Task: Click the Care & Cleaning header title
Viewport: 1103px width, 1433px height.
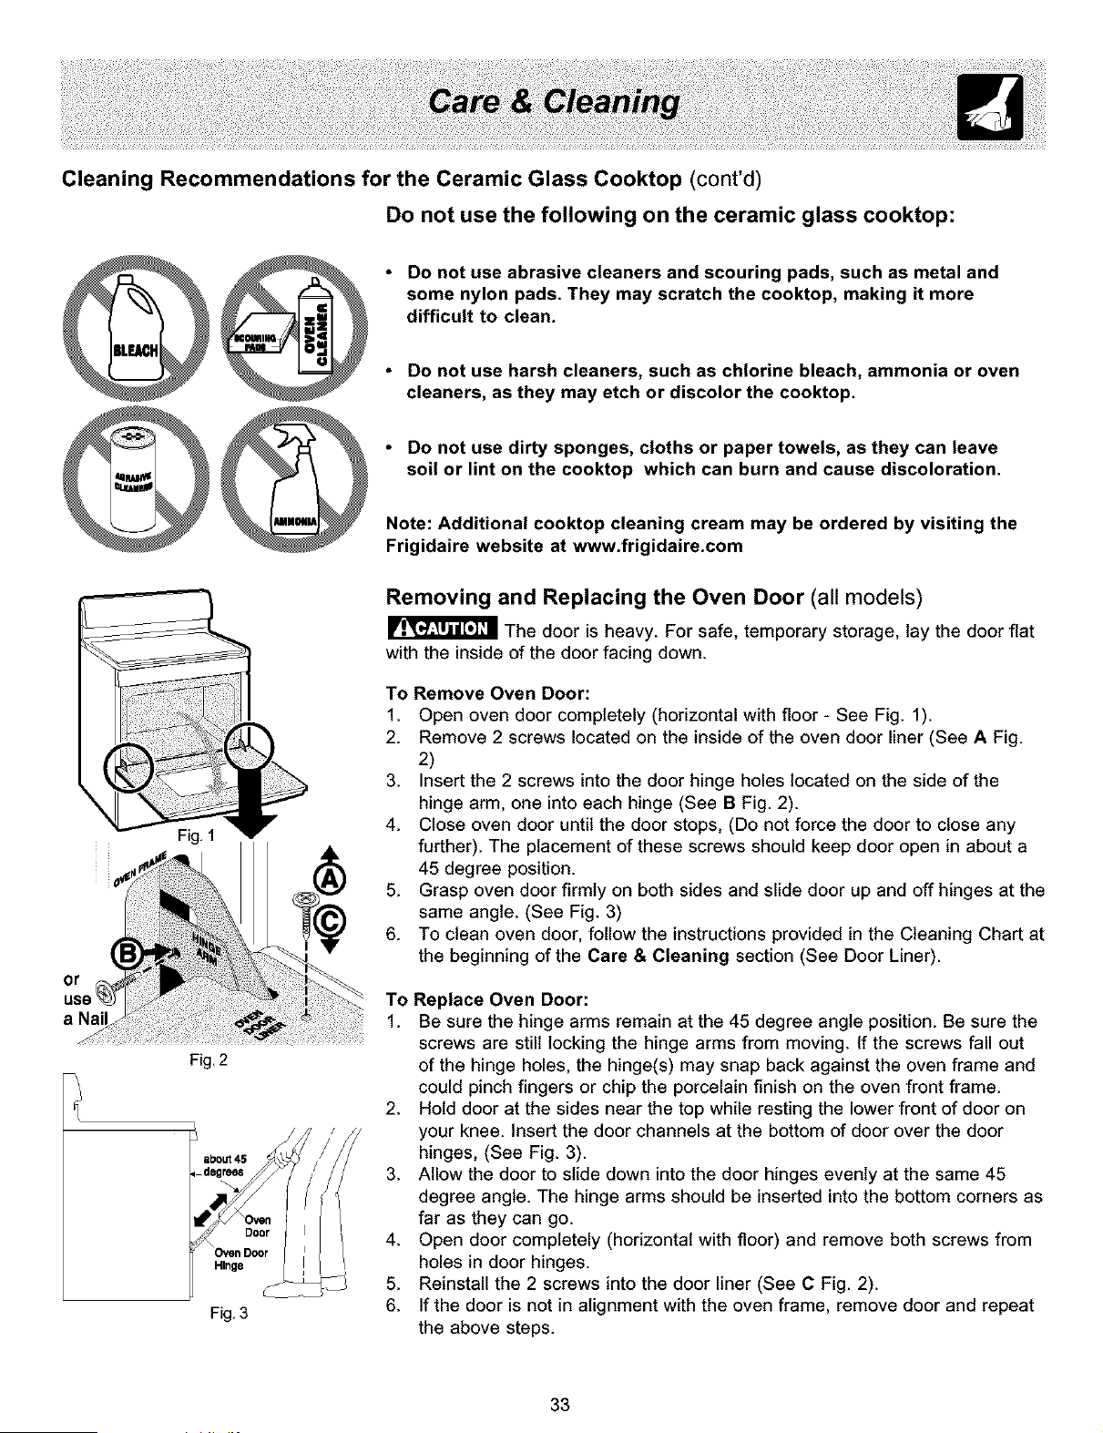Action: pos(553,104)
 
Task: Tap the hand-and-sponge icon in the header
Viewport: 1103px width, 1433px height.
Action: pos(989,107)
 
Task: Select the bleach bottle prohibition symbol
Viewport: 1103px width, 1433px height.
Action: pos(135,329)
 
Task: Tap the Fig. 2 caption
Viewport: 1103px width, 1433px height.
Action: pos(208,1061)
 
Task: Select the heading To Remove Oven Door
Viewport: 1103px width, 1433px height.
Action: pos(487,694)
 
